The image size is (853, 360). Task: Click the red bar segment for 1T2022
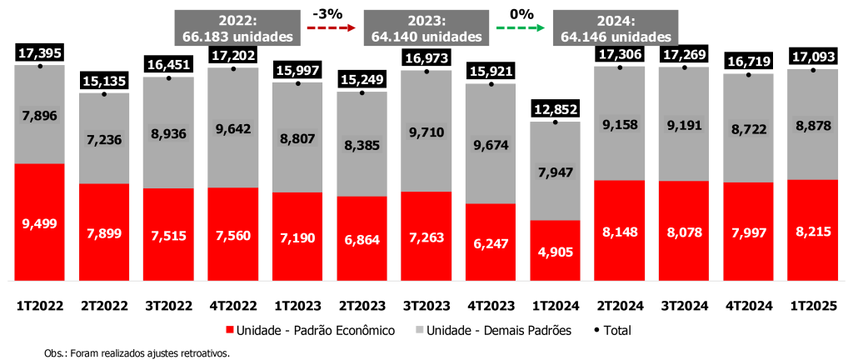point(40,222)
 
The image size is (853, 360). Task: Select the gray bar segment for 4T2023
point(491,143)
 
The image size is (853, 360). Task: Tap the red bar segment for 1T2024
point(555,250)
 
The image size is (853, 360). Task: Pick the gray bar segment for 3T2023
point(426,131)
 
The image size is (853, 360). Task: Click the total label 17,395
point(40,52)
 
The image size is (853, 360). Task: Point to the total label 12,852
point(555,108)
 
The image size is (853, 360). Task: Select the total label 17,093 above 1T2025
point(813,57)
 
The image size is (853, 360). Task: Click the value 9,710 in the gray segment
point(426,131)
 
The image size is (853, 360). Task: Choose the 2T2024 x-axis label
point(620,305)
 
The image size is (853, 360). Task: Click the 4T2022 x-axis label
point(233,305)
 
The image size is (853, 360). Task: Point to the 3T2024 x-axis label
point(684,305)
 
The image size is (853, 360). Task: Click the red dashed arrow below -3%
point(332,27)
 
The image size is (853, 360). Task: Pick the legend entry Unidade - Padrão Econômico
point(311,331)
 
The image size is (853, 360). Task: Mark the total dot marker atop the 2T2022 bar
point(104,94)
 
